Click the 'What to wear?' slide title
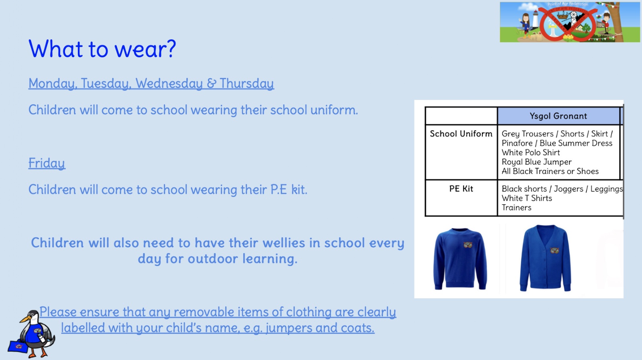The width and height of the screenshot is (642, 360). (x=102, y=49)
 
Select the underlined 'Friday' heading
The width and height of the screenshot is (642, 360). (x=47, y=163)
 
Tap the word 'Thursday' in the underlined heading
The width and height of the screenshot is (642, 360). (x=247, y=83)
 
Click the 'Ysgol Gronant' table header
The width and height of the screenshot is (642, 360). (x=558, y=116)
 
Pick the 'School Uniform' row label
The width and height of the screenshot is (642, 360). (x=461, y=134)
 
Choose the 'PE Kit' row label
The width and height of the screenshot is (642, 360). (x=461, y=189)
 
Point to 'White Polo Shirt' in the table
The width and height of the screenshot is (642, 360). (x=530, y=153)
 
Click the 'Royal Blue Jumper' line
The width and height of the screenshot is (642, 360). (x=536, y=162)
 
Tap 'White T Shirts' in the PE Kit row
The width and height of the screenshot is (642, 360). (x=527, y=198)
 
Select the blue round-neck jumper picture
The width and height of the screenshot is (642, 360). (x=460, y=258)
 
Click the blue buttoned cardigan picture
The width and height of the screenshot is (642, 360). (x=545, y=258)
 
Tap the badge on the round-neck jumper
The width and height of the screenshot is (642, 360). (x=468, y=244)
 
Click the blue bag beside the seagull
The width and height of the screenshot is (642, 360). (x=18, y=346)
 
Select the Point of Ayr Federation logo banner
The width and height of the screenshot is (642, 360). (x=570, y=22)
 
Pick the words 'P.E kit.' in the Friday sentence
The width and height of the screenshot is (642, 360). (x=288, y=189)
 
